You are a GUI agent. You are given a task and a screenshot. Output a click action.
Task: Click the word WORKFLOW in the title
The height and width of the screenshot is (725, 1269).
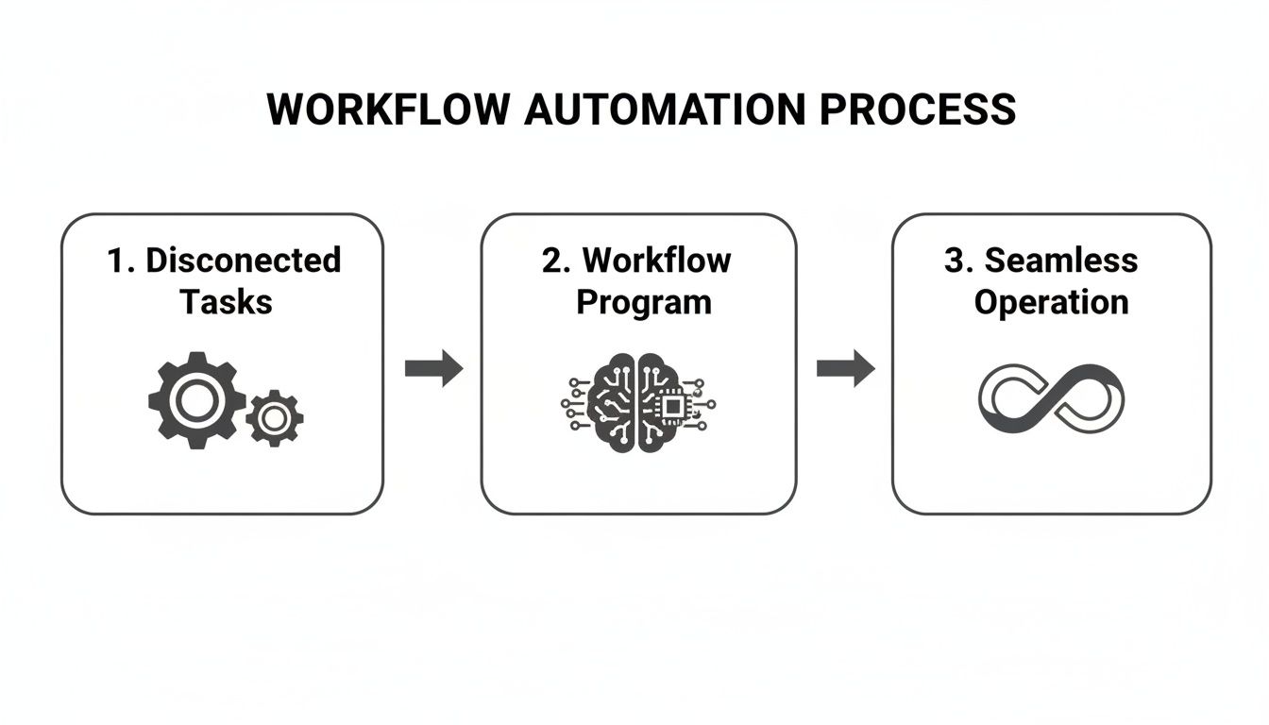pos(388,110)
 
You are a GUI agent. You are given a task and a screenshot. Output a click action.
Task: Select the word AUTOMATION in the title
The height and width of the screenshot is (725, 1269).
pos(665,110)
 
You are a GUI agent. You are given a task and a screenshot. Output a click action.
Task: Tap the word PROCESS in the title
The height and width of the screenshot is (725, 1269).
pos(917,110)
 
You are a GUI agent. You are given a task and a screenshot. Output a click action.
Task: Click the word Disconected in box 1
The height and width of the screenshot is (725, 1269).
pos(243,260)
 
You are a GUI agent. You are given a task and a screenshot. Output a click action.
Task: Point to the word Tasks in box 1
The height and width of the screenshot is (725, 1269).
pos(226,302)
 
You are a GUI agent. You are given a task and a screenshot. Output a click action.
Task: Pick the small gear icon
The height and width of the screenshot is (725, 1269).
pos(275,418)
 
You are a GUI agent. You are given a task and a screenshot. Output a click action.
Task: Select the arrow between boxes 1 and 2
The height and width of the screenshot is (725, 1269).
pos(433,368)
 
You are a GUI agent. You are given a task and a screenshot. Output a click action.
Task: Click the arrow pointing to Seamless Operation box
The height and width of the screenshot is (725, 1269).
pos(845,368)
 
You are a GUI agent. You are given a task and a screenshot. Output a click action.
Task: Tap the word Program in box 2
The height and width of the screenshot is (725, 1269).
pos(644,302)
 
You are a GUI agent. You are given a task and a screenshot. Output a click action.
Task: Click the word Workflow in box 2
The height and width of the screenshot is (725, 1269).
pos(657,260)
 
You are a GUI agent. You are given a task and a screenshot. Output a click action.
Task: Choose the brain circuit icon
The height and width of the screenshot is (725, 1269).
pos(637,402)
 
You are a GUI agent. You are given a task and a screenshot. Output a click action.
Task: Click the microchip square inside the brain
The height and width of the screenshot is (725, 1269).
pos(671,406)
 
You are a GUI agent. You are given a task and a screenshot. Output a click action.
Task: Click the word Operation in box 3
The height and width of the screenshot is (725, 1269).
pos(1051,302)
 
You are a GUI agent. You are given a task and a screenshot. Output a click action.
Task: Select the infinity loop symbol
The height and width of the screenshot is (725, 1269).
pos(1051,398)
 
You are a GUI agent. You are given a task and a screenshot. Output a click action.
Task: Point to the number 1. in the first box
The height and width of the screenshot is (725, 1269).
pos(121,260)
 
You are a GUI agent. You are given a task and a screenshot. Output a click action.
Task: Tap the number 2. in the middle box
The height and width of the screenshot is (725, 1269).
pos(555,260)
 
